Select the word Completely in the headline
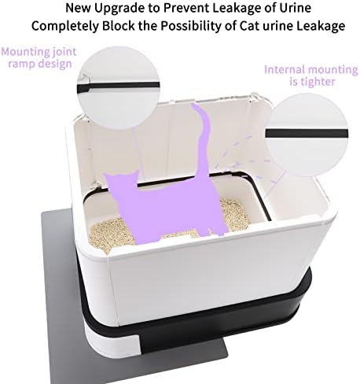(65, 26)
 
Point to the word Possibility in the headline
(191, 26)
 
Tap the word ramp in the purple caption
(22, 64)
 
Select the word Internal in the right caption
(286, 70)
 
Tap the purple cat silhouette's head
(122, 183)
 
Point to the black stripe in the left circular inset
(118, 86)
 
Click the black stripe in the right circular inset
(307, 133)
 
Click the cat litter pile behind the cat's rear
(234, 214)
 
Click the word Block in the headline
(119, 26)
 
